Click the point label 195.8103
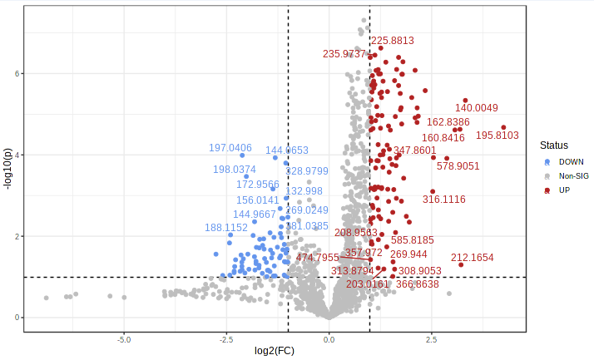click(x=497, y=136)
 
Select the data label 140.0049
click(x=477, y=108)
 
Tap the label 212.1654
click(x=473, y=258)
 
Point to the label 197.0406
click(x=230, y=148)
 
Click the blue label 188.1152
click(x=226, y=228)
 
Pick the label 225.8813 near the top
click(x=393, y=41)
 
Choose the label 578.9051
click(x=458, y=166)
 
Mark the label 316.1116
click(x=444, y=200)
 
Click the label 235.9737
click(x=344, y=54)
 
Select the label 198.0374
click(x=235, y=170)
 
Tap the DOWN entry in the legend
click(x=571, y=161)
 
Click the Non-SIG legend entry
click(x=573, y=176)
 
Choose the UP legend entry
click(x=564, y=190)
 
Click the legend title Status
click(x=553, y=145)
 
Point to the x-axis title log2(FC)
click(x=275, y=350)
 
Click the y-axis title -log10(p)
click(x=8, y=170)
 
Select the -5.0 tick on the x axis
click(x=124, y=340)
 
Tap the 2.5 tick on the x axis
click(x=431, y=340)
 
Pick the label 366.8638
click(x=418, y=284)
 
